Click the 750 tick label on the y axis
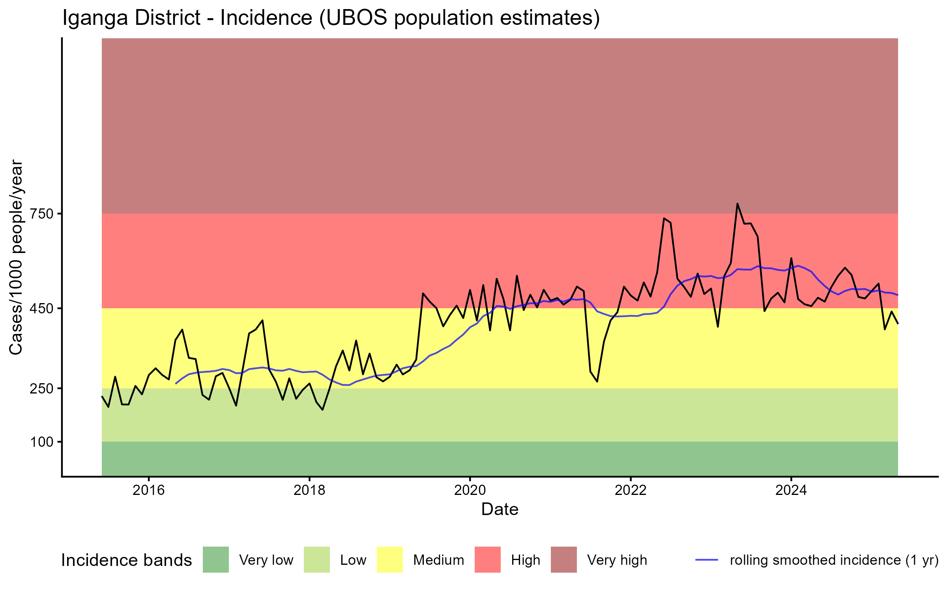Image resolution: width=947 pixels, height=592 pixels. (x=42, y=214)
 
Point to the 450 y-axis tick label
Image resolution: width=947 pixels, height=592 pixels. (x=42, y=308)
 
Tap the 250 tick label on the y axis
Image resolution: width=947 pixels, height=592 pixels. (x=42, y=389)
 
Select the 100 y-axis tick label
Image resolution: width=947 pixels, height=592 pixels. (x=42, y=442)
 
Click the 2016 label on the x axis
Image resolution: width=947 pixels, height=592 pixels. (x=148, y=490)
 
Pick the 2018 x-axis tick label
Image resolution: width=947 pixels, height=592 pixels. (x=309, y=490)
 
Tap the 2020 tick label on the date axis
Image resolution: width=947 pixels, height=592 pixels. (x=470, y=490)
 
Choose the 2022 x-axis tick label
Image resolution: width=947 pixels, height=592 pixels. (x=631, y=490)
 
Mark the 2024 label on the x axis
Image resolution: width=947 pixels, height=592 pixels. (x=791, y=490)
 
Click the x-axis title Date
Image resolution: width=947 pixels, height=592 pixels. (x=500, y=510)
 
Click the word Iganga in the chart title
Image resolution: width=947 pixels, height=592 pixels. (x=95, y=19)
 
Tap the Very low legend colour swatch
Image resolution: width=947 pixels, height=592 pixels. (x=216, y=560)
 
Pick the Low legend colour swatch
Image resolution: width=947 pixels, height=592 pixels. (x=316, y=560)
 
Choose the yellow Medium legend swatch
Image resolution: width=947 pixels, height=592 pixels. (x=390, y=560)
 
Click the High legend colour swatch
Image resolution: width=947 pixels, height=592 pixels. (x=488, y=560)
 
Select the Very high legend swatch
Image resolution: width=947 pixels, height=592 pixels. (x=564, y=560)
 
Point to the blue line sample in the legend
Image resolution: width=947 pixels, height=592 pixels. (x=707, y=560)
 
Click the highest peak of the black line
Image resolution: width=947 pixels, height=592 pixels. (x=737, y=204)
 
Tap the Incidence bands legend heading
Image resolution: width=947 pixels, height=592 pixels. (x=127, y=560)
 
